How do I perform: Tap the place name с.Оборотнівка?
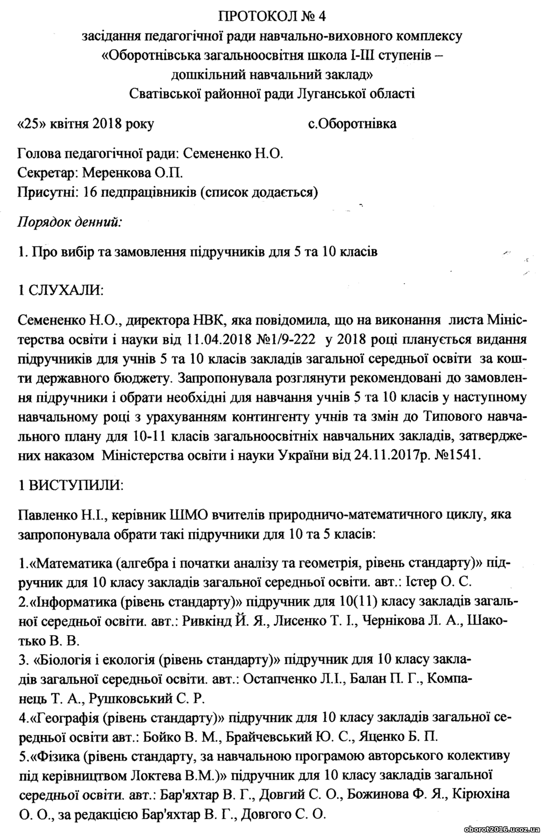(352, 123)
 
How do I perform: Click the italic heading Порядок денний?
(70, 222)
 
